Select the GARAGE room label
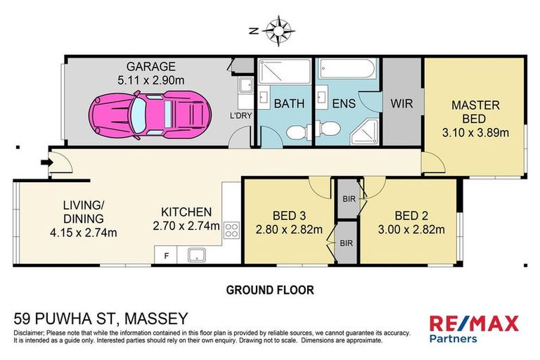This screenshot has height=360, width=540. coord(150,67)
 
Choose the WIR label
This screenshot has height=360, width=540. coord(401,103)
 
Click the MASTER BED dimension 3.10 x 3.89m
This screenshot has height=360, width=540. coord(475,131)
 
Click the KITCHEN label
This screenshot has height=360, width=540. coord(186,212)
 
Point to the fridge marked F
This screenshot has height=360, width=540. coord(166,255)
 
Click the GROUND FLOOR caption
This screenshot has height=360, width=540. coord(269,289)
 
